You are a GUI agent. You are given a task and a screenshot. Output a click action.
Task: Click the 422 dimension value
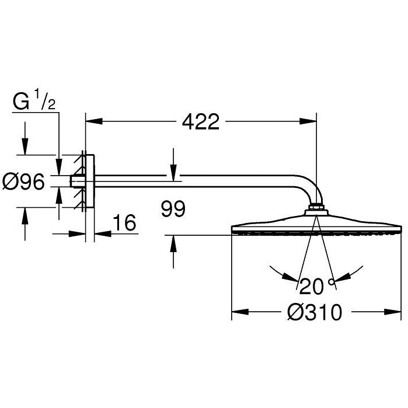[201, 122]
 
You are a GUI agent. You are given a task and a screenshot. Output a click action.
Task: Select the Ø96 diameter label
[23, 182]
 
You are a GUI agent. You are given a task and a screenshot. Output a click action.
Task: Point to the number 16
[124, 222]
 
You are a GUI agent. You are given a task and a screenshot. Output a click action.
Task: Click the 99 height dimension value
[173, 209]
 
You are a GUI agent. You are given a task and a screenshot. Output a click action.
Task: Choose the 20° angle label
[317, 286]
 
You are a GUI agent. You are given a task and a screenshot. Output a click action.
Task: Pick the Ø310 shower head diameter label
[315, 312]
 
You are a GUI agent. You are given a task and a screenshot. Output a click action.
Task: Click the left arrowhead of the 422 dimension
[94, 121]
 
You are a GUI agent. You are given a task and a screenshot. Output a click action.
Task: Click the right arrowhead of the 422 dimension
[308, 121]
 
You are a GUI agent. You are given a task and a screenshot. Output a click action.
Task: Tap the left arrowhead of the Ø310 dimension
[240, 312]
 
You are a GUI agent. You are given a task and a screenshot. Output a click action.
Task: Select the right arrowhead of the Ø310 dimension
[393, 312]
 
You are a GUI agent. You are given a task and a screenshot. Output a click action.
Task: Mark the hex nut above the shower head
[316, 207]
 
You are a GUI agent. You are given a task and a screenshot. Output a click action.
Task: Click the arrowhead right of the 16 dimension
[103, 233]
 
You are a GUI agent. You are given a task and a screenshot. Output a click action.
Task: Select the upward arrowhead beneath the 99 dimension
[173, 243]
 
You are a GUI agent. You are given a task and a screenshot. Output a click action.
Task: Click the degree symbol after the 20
[331, 281]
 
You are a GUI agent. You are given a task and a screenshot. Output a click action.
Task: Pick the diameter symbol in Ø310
[295, 312]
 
